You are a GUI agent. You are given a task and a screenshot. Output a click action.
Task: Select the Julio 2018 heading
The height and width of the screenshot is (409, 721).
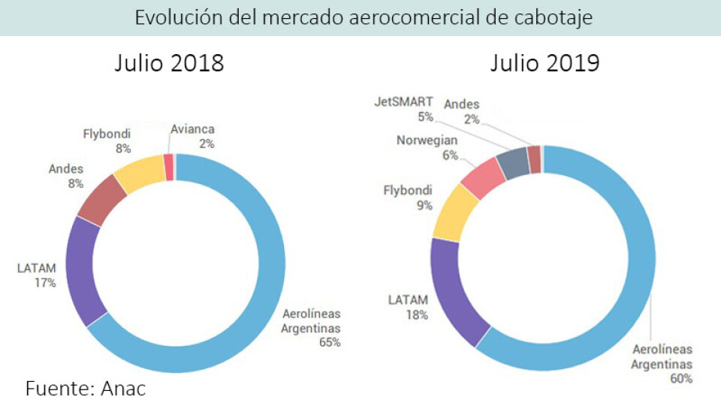coord(169,63)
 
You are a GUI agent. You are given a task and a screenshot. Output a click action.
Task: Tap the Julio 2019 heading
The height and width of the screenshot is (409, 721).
coord(545,63)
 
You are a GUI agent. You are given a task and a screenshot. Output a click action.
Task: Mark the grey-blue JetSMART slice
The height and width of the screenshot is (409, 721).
coord(513,162)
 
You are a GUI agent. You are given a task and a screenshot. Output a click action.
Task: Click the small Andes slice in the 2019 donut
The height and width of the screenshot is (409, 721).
coord(534,158)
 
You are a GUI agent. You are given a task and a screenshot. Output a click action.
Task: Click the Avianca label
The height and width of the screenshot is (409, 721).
coord(192,129)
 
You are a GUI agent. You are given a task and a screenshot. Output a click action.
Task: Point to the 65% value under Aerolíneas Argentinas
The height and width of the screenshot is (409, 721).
coord(330,342)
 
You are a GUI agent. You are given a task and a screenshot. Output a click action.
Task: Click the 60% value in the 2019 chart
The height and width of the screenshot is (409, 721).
coord(681,378)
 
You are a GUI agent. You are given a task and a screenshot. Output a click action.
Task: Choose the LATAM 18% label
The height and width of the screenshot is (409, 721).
coord(408,307)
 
